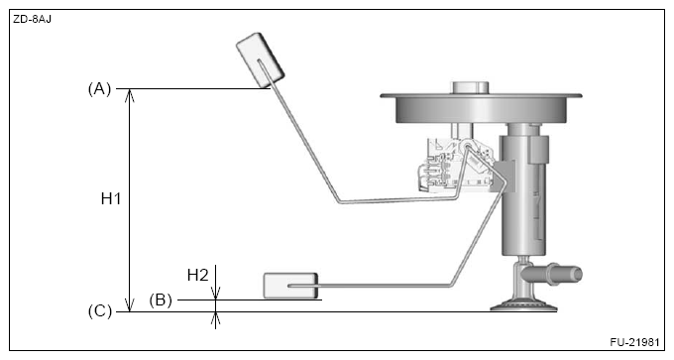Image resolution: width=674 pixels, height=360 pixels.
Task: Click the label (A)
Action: [x=99, y=88]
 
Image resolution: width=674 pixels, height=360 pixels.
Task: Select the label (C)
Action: [x=99, y=311]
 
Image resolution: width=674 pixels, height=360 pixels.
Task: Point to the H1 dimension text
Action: [x=111, y=199]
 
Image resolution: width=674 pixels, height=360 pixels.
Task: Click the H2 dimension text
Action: [x=197, y=275]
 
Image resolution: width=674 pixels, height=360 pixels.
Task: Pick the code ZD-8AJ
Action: [x=32, y=17]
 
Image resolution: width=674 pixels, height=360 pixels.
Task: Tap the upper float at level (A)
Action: [x=261, y=61]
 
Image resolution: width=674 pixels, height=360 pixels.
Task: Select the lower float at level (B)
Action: [x=290, y=287]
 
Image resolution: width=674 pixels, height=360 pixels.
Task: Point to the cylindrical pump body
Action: [x=519, y=198]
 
